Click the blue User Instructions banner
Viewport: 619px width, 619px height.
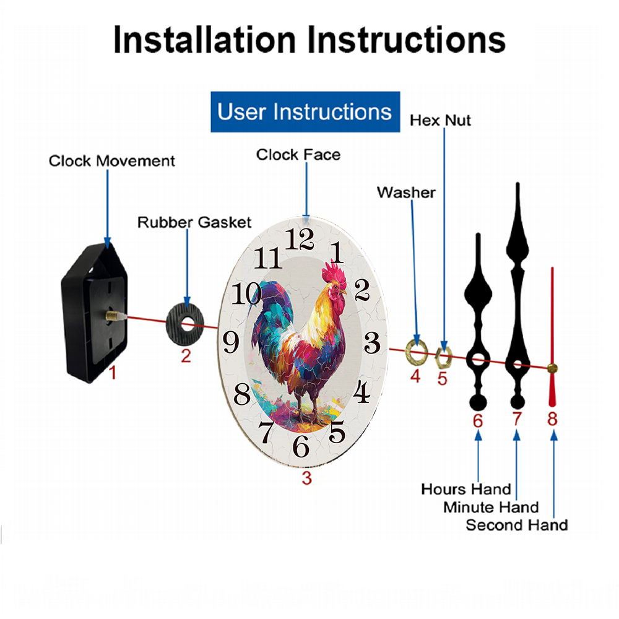point(305,111)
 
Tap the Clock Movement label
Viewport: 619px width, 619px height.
point(111,161)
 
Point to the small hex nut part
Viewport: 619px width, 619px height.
point(443,357)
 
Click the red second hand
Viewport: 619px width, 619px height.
point(552,337)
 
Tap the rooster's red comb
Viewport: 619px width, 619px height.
point(334,273)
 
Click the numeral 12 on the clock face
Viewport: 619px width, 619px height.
point(299,239)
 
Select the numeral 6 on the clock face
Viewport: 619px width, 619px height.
point(301,446)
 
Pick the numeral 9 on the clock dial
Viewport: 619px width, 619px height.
point(231,342)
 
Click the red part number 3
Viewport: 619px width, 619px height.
point(307,478)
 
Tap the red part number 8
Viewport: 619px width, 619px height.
point(552,419)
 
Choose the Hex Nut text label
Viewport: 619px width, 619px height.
point(440,121)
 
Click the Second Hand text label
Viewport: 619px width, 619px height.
point(517,525)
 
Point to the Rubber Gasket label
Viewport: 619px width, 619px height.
point(194,222)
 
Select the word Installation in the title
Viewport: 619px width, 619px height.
point(204,40)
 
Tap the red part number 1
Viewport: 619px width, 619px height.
point(113,372)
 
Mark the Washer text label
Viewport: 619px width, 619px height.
point(406,193)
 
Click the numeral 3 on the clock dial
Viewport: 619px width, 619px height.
point(372,342)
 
